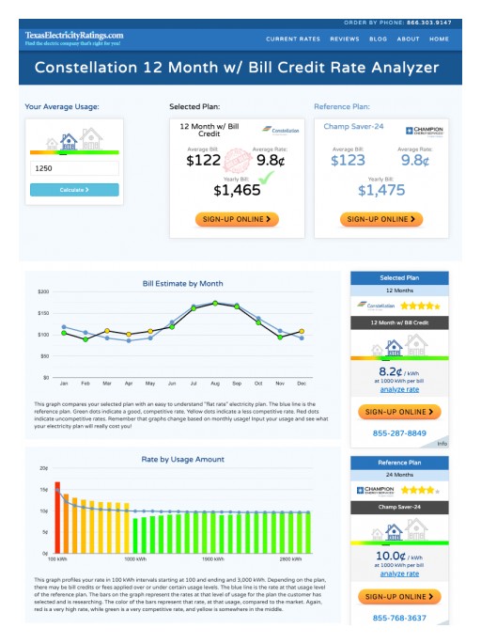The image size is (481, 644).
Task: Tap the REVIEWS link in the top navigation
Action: (345, 39)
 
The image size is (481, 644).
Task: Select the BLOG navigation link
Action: (378, 39)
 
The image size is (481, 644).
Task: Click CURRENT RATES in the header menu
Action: (293, 39)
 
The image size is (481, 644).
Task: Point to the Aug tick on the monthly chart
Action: (214, 384)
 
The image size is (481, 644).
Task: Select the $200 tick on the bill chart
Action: (43, 292)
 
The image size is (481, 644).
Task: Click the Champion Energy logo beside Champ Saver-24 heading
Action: (424, 131)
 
